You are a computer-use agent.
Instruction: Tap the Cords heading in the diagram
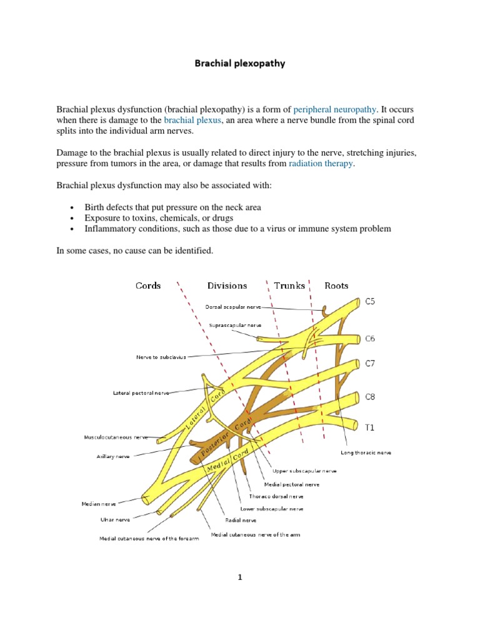[148, 286]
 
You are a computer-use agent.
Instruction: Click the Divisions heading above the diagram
[227, 286]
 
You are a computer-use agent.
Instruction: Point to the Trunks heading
[289, 286]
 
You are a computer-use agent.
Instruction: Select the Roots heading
[336, 286]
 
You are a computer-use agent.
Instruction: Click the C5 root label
[371, 301]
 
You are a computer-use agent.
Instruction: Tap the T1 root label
[369, 427]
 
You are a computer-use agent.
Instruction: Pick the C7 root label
[371, 363]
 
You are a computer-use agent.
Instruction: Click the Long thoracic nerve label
[366, 452]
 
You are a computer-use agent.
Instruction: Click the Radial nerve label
[241, 520]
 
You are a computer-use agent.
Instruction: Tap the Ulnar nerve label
[115, 519]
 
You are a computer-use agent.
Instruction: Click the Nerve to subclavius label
[161, 357]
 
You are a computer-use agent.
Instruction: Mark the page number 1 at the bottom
[239, 577]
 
